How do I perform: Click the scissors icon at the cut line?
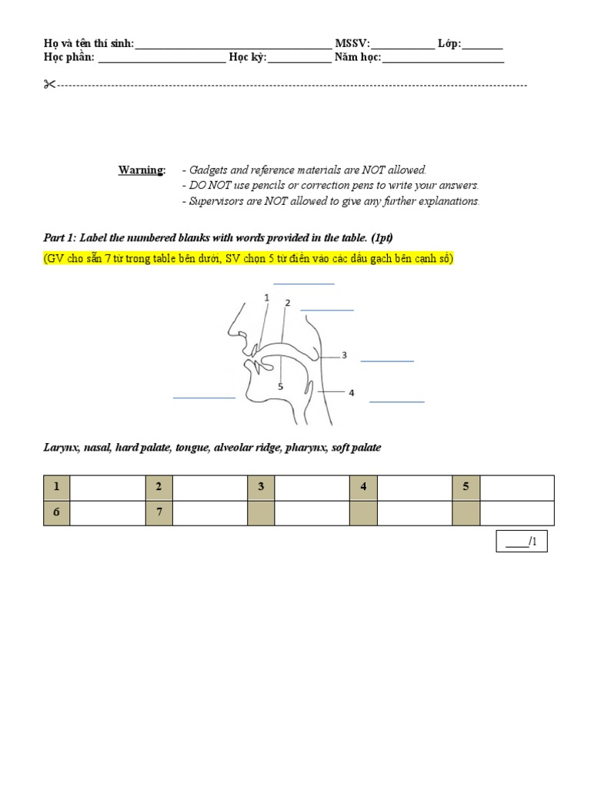[x=50, y=85]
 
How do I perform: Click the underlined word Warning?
[x=141, y=170]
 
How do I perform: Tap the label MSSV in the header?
[x=352, y=44]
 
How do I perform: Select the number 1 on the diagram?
[x=266, y=297]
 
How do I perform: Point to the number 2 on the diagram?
[x=287, y=303]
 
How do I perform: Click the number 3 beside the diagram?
[x=344, y=355]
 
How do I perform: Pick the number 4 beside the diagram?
[x=351, y=393]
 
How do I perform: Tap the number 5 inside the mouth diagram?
[x=281, y=387]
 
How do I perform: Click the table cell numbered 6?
[x=56, y=512]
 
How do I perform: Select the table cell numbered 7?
[x=159, y=512]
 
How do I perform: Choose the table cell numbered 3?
[x=261, y=487]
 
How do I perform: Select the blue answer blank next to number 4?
[x=397, y=401]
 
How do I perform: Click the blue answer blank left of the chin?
[x=204, y=398]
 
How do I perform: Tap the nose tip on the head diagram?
[x=229, y=334]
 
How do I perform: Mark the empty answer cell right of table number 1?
[x=107, y=487]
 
